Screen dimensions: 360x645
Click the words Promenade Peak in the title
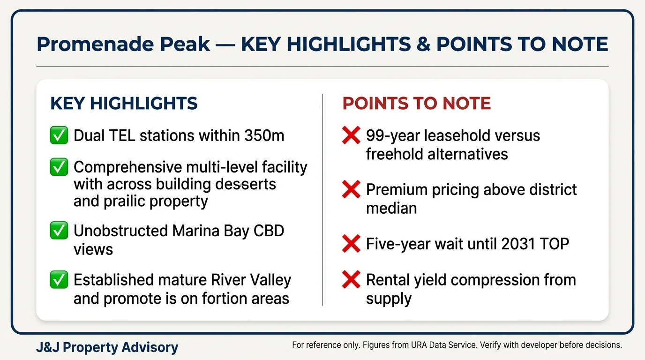tap(123, 45)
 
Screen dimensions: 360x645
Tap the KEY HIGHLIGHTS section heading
tap(124, 104)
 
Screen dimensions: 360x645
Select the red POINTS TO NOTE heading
tap(416, 104)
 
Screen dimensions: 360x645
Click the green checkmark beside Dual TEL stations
tap(59, 135)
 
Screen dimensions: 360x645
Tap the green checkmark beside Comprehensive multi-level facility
tap(59, 167)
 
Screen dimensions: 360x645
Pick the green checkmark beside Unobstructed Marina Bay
tap(59, 231)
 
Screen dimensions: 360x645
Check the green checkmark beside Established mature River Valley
tap(59, 280)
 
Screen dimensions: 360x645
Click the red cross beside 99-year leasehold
tap(351, 136)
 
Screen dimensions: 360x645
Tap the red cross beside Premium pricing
tap(351, 190)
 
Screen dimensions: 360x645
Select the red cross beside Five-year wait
tap(351, 244)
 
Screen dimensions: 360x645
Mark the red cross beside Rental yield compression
tap(351, 280)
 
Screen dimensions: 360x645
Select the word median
tap(391, 208)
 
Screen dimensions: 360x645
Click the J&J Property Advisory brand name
tap(107, 347)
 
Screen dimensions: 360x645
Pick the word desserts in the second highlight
tap(245, 184)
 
